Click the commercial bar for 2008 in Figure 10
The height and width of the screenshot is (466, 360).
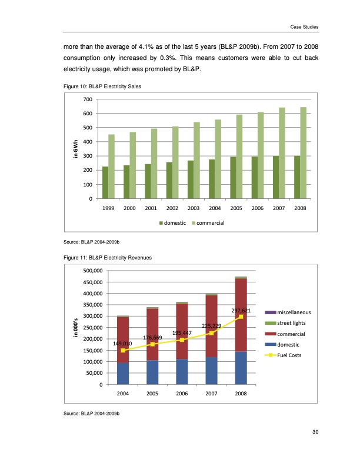pyautogui.click(x=303, y=153)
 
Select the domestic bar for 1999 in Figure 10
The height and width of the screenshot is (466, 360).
pyautogui.click(x=105, y=182)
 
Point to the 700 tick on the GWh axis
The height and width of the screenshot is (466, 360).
pyautogui.click(x=86, y=99)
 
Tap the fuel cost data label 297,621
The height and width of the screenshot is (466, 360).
pyautogui.click(x=241, y=310)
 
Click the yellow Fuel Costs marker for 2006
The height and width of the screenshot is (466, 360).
pyautogui.click(x=182, y=340)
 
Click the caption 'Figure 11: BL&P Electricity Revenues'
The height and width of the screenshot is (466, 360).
pyautogui.click(x=104, y=257)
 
